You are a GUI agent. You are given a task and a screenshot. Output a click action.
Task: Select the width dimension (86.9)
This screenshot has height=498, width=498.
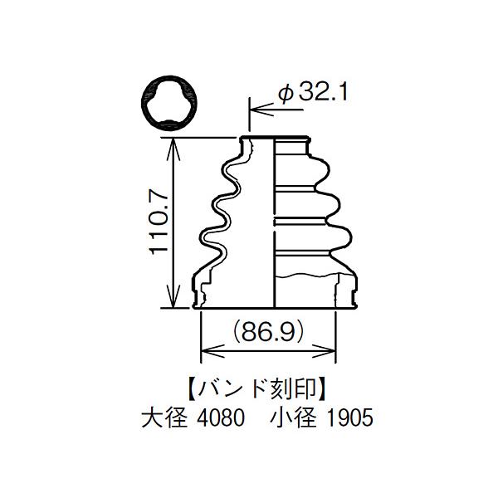click(268, 332)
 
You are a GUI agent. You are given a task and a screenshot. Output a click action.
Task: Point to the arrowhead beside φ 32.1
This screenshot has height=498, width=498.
click(256, 108)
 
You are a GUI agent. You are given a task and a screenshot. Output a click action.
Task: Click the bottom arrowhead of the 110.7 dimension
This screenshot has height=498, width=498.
click(173, 303)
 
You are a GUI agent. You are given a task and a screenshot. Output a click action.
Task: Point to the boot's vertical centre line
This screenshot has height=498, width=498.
click(274, 224)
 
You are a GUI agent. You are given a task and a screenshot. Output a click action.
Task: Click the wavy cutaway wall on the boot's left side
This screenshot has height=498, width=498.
click(217, 216)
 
